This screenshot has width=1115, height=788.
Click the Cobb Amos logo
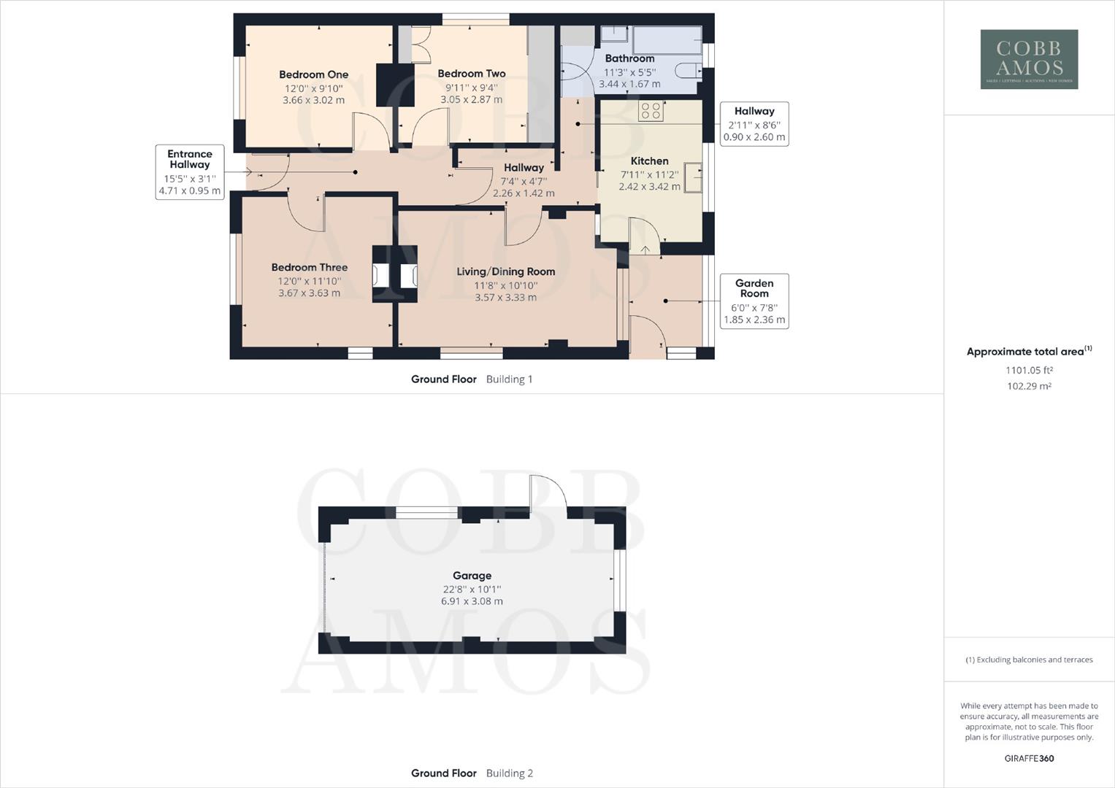coord(1029,59)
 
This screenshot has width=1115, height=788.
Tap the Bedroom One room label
coord(313,74)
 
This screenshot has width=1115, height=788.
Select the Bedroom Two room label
coord(471,74)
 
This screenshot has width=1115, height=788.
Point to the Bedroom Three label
coord(309,268)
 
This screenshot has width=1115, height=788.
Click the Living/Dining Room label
coord(505,271)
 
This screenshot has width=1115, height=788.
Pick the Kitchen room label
coord(649,161)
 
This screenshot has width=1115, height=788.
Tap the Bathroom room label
coord(629,58)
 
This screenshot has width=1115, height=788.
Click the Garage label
coord(472,576)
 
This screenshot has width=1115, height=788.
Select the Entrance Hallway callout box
coord(189,172)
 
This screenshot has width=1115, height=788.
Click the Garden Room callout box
coord(754,301)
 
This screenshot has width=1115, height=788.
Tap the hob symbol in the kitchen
coord(651,111)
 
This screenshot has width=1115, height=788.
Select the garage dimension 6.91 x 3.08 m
coord(472,602)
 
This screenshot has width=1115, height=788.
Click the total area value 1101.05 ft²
coord(1029,370)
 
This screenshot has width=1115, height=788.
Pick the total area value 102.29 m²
coord(1029,386)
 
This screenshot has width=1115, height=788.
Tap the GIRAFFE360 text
coord(1029,758)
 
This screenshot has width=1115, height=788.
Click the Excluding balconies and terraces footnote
coord(1029,660)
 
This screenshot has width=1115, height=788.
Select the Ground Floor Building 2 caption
coord(472,773)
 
